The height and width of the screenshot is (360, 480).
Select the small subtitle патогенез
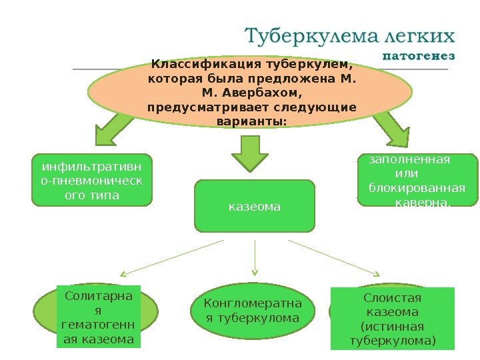click(x=419, y=55)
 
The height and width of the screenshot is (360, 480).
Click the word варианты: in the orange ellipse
click(x=251, y=121)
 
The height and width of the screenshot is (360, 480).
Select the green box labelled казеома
click(x=254, y=206)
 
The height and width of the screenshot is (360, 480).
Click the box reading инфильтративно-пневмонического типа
click(x=92, y=179)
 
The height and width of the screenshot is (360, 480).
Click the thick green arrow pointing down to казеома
click(x=249, y=155)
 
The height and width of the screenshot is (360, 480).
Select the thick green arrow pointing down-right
click(x=391, y=128)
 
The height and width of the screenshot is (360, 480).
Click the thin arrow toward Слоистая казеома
click(x=335, y=257)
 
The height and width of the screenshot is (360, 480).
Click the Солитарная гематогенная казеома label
click(x=97, y=317)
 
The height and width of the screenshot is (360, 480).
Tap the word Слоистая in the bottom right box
click(x=393, y=297)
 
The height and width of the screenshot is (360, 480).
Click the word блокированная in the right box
click(x=417, y=187)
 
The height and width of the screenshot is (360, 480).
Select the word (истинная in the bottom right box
click(x=393, y=327)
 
